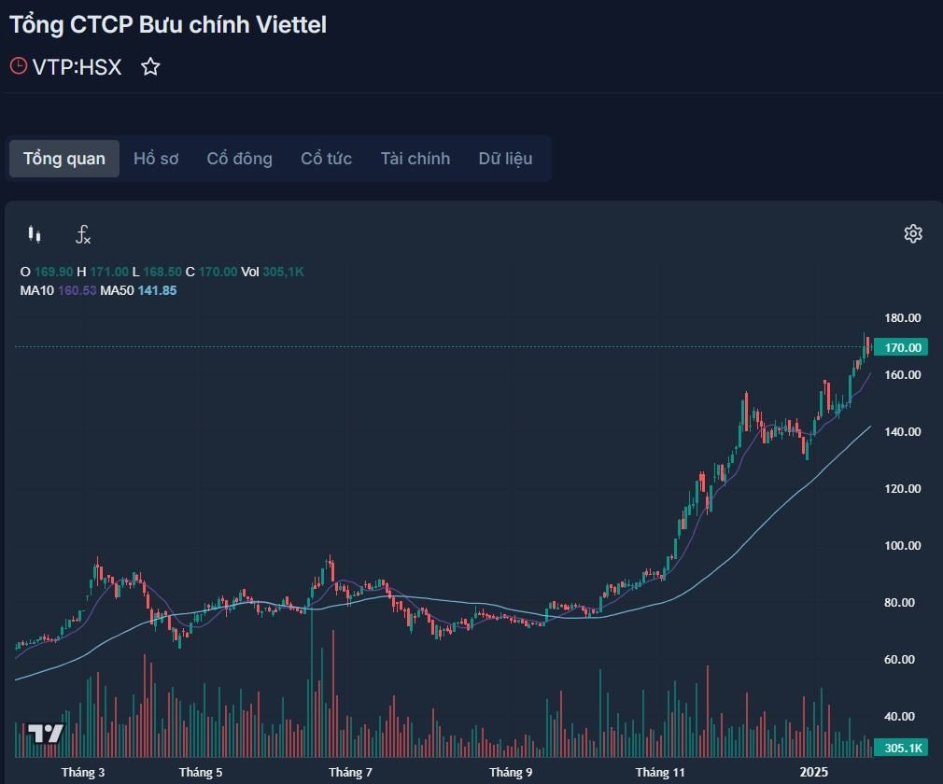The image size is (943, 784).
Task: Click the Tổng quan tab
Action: point(64,159)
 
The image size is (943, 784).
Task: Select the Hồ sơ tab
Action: point(156,159)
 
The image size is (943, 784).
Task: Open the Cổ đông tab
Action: point(240,159)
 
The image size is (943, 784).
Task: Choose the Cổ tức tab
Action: point(326,159)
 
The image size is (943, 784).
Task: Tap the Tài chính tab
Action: point(415,159)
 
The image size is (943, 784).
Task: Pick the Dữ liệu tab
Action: point(505,159)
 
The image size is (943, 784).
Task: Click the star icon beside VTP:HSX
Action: point(150,67)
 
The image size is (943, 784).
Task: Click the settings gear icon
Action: point(913,233)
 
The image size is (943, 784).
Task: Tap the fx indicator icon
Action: point(83,234)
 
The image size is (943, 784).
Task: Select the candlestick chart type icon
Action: point(35,234)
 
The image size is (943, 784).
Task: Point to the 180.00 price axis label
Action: point(903,318)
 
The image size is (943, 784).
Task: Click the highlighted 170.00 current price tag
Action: point(902,347)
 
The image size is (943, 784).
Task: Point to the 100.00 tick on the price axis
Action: point(903,546)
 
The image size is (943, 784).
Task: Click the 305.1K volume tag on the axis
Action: point(903,748)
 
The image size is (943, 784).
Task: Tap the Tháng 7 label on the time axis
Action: point(350,773)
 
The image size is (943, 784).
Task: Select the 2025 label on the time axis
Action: point(814,773)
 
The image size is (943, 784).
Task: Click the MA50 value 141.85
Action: point(157,290)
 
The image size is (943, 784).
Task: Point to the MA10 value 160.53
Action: point(77,290)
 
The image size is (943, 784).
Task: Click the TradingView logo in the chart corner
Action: point(45,734)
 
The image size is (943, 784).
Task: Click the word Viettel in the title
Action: point(290,25)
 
